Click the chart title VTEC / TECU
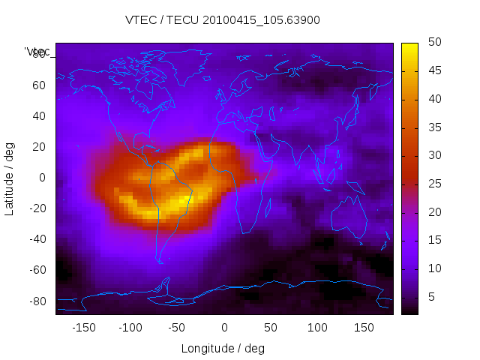click(223, 20)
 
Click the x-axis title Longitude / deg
click(223, 348)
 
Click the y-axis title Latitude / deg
click(10, 178)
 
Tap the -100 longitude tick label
click(130, 328)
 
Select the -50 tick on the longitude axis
click(177, 328)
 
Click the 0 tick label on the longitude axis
click(224, 328)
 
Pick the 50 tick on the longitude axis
click(271, 328)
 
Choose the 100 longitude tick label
click(317, 328)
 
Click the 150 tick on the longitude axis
click(364, 328)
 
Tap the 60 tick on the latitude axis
click(39, 85)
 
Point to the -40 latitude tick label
click(36, 239)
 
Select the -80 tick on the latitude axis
click(36, 301)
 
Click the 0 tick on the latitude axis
click(42, 178)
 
